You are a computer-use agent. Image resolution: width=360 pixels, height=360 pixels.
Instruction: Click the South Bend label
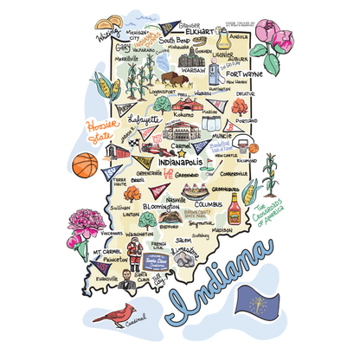click(180, 40)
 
